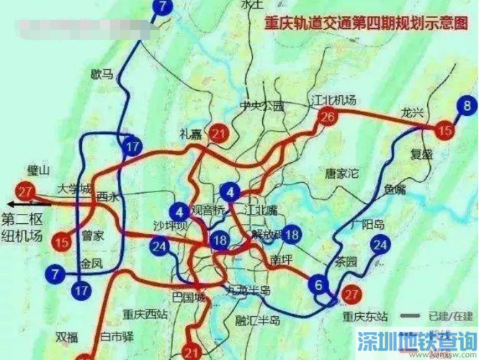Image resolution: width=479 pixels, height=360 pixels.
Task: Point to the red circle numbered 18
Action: [220, 240]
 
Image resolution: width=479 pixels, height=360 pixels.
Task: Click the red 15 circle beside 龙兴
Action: [446, 130]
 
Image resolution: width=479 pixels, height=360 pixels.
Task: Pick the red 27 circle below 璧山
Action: [27, 192]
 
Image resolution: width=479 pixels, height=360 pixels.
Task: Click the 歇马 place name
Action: [102, 73]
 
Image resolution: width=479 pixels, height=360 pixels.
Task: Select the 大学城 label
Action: [75, 189]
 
